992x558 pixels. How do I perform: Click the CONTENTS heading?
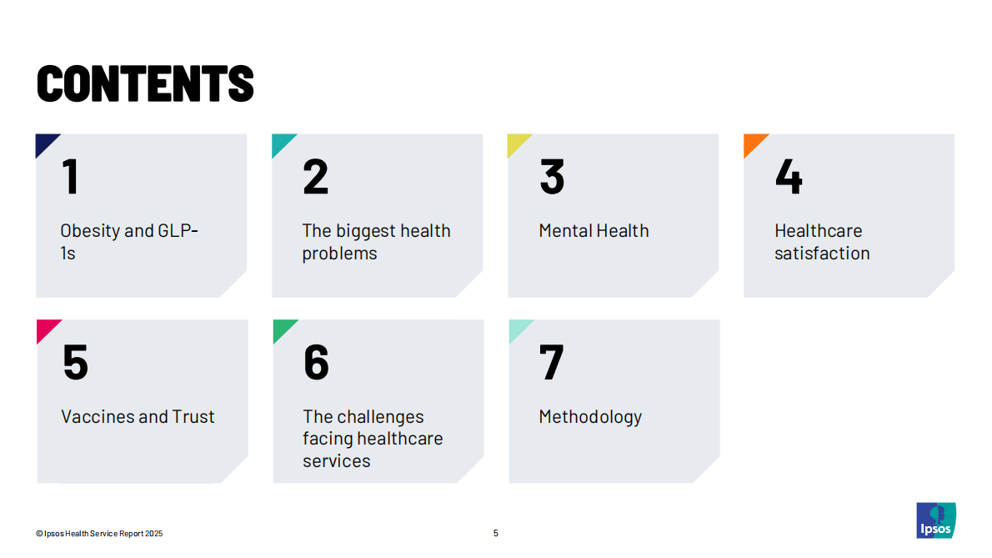click(145, 83)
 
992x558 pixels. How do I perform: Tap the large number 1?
click(71, 177)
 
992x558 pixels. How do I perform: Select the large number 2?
click(316, 177)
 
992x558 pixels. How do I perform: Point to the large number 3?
click(553, 177)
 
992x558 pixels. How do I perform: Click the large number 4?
click(789, 177)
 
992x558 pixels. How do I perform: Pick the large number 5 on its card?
click(75, 363)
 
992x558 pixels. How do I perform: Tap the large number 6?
click(316, 363)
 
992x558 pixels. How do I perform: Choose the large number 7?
click(551, 363)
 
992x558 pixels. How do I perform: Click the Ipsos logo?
click(936, 520)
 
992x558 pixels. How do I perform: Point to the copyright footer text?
click(99, 533)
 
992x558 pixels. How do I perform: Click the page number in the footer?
click(495, 533)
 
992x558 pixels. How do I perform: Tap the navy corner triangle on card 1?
click(44, 143)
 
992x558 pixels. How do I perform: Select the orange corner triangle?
click(752, 143)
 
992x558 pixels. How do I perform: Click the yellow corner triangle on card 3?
click(516, 143)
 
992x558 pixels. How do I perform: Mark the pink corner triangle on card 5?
click(46, 329)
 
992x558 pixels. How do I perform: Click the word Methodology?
click(590, 417)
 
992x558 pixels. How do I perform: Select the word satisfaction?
click(823, 253)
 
